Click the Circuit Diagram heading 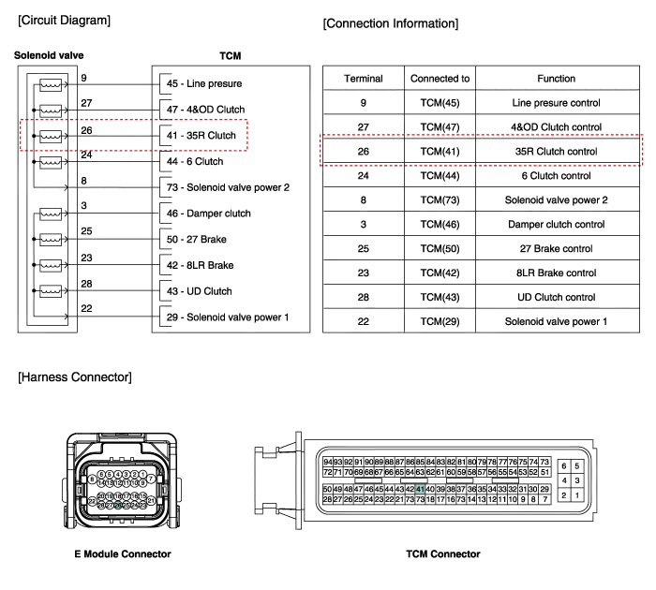(64, 21)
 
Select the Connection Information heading (390, 22)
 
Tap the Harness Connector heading (74, 377)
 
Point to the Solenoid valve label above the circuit (49, 55)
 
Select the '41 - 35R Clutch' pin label (201, 135)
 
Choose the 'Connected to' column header (440, 79)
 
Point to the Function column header (556, 79)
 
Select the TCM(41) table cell (440, 151)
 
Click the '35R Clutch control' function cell (556, 151)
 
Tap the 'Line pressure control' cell (556, 102)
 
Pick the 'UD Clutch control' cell (556, 297)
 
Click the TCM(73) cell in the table (440, 199)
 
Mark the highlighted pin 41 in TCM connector (420, 489)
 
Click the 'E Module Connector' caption (123, 554)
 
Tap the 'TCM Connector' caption (442, 554)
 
